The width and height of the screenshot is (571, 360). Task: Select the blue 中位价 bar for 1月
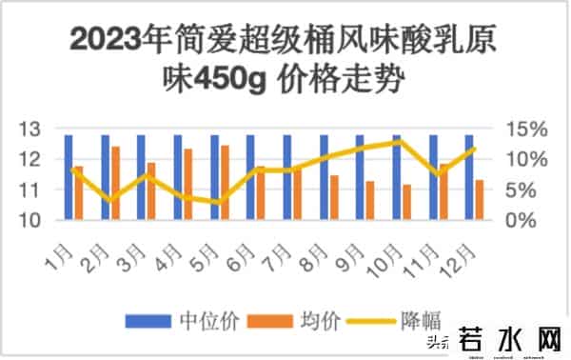(69, 177)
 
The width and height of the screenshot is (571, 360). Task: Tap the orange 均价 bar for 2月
(115, 184)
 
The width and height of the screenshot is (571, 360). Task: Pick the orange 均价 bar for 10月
(407, 202)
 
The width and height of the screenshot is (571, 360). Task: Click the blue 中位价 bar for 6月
(250, 177)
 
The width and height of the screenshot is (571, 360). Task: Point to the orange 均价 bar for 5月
(225, 183)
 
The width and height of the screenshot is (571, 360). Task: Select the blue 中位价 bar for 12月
(469, 177)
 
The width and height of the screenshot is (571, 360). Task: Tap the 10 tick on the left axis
(30, 220)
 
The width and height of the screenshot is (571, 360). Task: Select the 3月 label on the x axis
(132, 254)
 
